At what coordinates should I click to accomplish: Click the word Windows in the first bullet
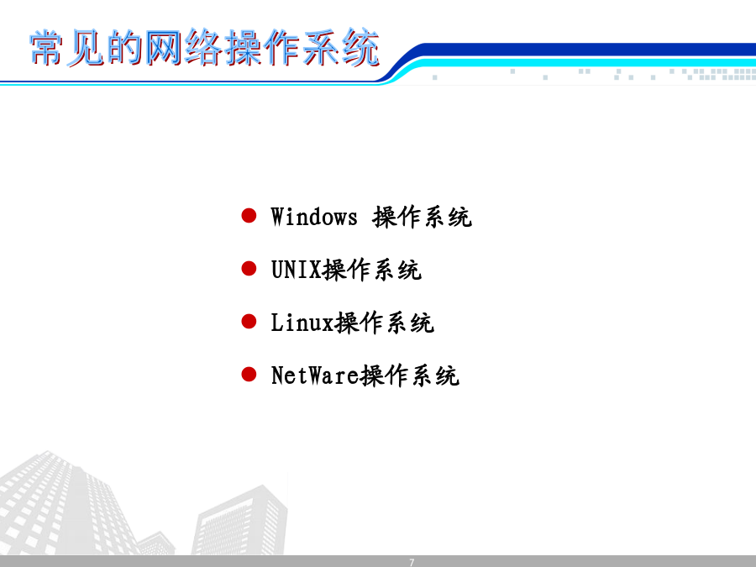tap(314, 217)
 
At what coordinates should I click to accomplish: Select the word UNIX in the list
tap(296, 270)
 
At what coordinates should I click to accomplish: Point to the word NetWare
tap(315, 375)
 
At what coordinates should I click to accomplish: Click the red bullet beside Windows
tap(249, 216)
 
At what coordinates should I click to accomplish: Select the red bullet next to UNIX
tap(249, 269)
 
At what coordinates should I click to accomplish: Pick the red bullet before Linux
tap(249, 321)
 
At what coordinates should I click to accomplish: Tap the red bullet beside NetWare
tap(249, 374)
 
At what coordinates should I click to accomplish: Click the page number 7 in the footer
tap(412, 562)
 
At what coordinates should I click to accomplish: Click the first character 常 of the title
tap(47, 47)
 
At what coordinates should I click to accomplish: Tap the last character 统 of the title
tap(360, 47)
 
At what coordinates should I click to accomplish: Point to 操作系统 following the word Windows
tap(422, 217)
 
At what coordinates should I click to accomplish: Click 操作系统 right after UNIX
tap(372, 270)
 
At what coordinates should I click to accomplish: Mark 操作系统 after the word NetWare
tap(410, 375)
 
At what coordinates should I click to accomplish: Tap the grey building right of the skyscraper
tap(241, 521)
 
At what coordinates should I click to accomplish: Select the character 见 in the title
tap(86, 47)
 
